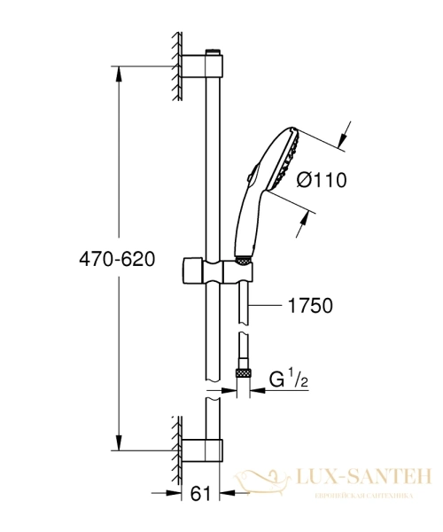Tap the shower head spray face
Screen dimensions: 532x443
tap(286, 160)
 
